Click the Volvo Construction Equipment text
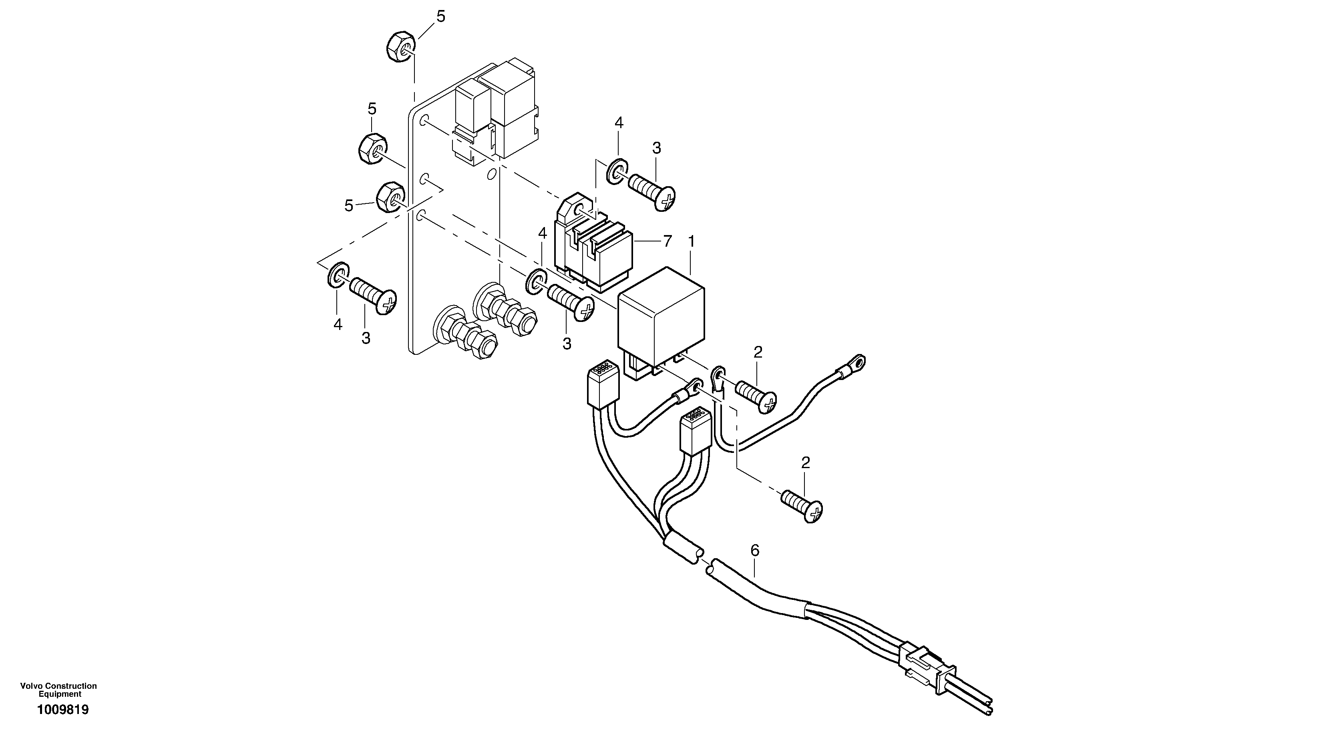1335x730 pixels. pyautogui.click(x=58, y=690)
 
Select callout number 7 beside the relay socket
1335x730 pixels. pyautogui.click(x=667, y=241)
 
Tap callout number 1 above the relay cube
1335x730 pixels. pyautogui.click(x=691, y=242)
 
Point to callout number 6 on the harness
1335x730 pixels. pyautogui.click(x=754, y=551)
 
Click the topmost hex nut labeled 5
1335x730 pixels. pyautogui.click(x=400, y=46)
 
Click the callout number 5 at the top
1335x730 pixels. pyautogui.click(x=440, y=16)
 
